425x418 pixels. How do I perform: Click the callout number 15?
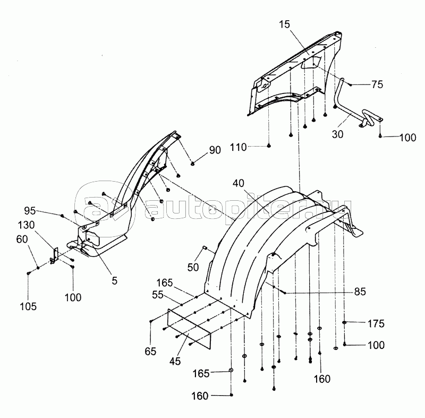284,24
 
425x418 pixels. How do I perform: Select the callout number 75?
377,84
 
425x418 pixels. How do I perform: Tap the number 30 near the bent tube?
337,134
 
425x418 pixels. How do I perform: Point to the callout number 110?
238,147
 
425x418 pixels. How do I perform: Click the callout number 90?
215,150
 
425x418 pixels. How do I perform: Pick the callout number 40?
238,183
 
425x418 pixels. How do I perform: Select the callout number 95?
30,211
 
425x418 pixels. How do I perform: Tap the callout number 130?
26,225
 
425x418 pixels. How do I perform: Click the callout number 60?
22,239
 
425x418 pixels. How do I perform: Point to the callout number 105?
28,306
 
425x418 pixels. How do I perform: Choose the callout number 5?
115,281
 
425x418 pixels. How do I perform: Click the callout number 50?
193,267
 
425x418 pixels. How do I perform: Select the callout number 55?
158,295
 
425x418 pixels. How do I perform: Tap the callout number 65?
150,352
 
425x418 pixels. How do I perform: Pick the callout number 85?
360,292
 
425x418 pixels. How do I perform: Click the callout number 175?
376,323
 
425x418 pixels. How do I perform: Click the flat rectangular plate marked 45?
190,328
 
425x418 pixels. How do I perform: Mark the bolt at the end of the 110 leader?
269,146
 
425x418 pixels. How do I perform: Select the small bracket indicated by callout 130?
55,255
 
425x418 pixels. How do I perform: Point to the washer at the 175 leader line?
344,322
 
